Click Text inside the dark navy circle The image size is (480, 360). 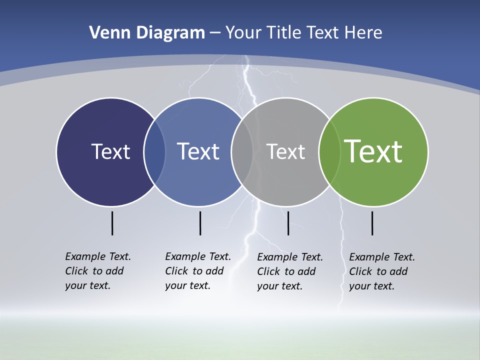pyautogui.click(x=110, y=151)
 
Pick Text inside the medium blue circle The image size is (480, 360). pyautogui.click(x=198, y=151)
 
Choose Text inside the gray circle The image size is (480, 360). pyautogui.click(x=285, y=151)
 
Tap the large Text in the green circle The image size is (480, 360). pyautogui.click(x=373, y=151)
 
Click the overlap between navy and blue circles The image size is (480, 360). pyautogui.click(x=154, y=152)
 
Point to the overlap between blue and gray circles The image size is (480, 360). pyautogui.click(x=242, y=152)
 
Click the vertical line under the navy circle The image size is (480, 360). pyautogui.click(x=112, y=223)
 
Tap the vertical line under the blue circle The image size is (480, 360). pyautogui.click(x=200, y=223)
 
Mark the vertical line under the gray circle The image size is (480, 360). pyautogui.click(x=288, y=223)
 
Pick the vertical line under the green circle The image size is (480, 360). pyautogui.click(x=372, y=223)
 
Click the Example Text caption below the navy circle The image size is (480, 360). pyautogui.click(x=98, y=271)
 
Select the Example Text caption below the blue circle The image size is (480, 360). pyautogui.click(x=198, y=271)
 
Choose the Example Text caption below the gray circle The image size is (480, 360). pyautogui.click(x=290, y=271)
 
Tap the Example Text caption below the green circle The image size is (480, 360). pyautogui.click(x=382, y=271)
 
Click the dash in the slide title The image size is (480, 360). pyautogui.click(x=215, y=33)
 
